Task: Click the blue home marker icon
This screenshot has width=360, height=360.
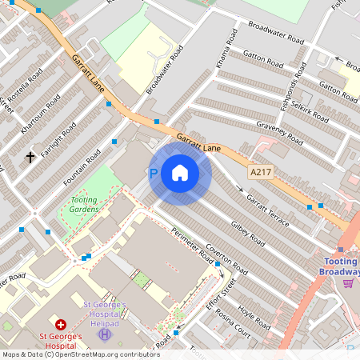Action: coord(180,173)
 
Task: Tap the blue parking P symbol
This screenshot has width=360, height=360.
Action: coord(154,174)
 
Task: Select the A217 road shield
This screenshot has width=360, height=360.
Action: coord(260,172)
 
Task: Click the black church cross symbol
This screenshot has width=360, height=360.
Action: coord(31,157)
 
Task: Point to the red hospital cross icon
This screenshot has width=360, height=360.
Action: coord(61,326)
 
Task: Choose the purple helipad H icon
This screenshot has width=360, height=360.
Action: coord(103,334)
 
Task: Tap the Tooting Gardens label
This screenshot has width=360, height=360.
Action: coord(84,204)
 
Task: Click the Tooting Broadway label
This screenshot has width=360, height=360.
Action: coord(342,266)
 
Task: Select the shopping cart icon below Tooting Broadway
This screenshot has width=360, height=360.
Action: coord(348,282)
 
